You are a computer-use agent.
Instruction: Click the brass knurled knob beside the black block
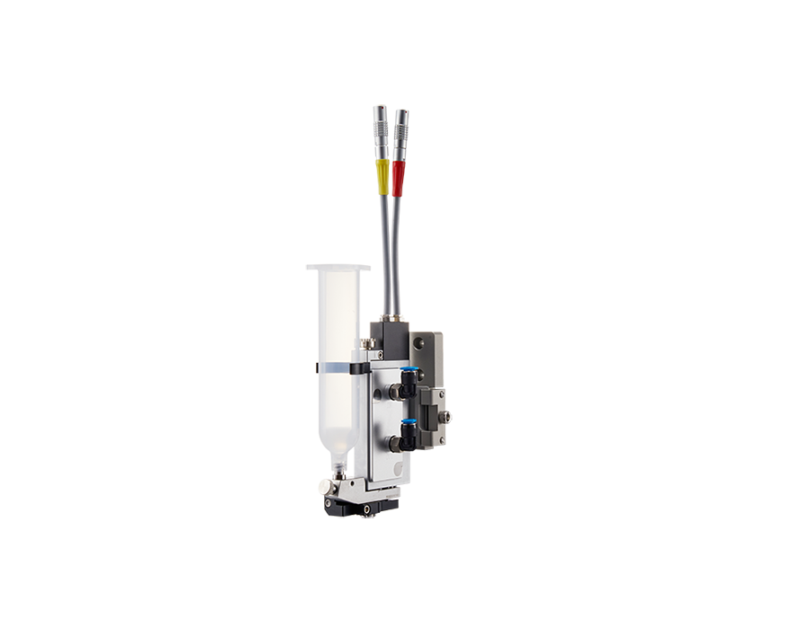(366, 342)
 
